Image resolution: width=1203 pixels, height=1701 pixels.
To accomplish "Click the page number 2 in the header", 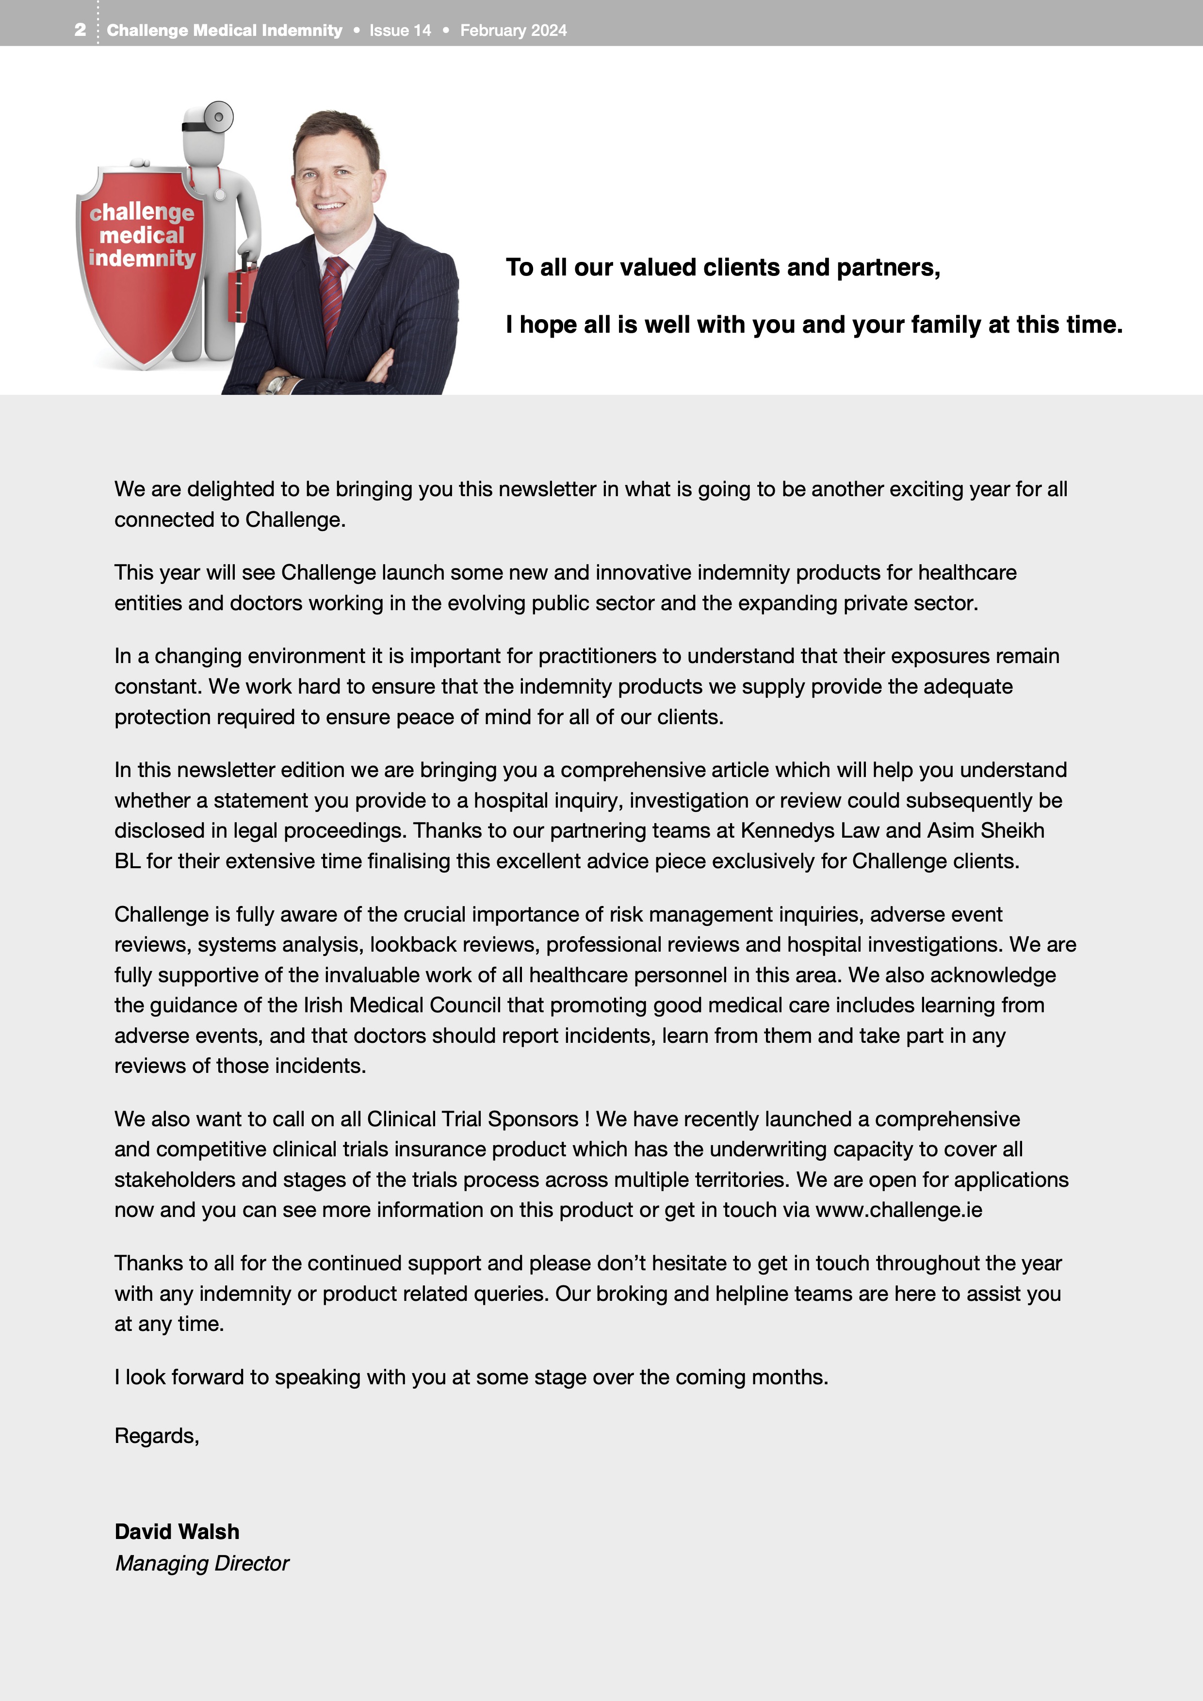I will click(80, 30).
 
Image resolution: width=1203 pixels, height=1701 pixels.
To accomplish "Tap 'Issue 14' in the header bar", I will click(400, 31).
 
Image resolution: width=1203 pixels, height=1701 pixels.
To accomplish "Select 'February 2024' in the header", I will click(513, 31).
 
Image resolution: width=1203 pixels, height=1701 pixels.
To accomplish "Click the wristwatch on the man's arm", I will click(276, 384).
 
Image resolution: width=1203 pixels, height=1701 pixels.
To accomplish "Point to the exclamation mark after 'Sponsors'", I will click(586, 1118).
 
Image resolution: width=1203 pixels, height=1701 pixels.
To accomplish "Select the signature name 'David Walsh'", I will click(177, 1531).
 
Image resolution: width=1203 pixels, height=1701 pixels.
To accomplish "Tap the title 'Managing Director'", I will click(201, 1563).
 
